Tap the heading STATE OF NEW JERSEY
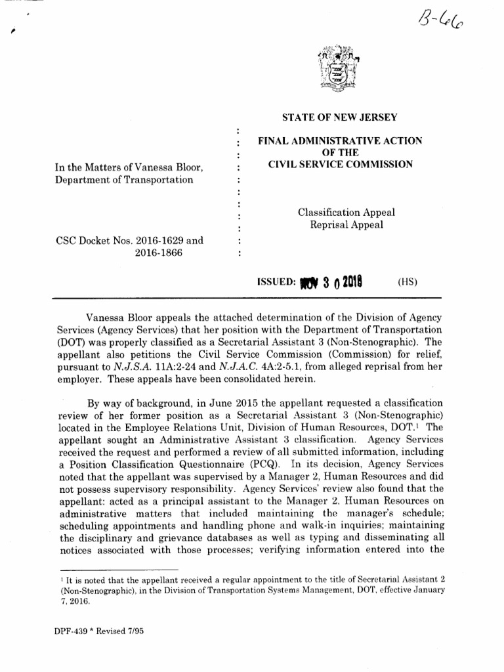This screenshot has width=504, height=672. click(339, 118)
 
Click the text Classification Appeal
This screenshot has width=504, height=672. click(346, 213)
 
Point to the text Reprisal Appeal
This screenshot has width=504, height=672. click(346, 225)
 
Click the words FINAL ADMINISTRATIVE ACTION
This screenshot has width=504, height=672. click(339, 141)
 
